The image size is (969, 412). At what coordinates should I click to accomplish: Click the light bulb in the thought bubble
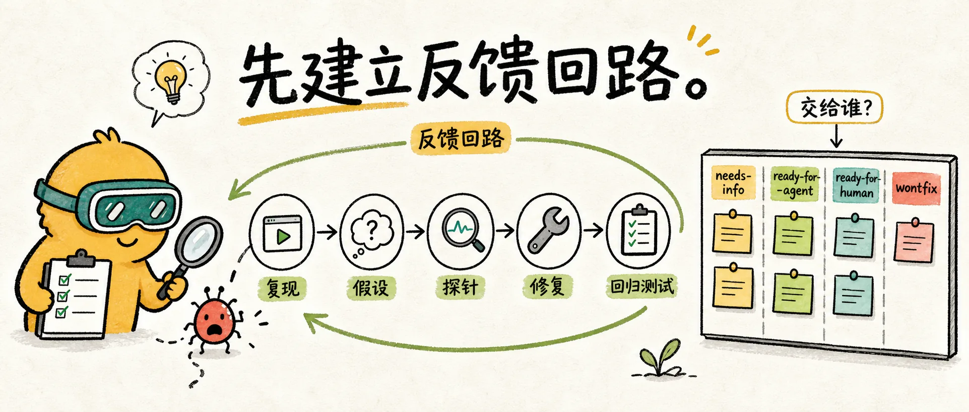(x=171, y=81)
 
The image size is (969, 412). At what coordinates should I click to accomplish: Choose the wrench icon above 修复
(x=549, y=230)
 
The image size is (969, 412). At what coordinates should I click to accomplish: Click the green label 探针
(x=460, y=287)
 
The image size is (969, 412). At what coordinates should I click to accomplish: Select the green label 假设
(x=371, y=288)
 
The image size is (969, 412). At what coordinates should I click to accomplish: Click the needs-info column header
(x=733, y=182)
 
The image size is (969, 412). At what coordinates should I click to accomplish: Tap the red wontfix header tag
(x=916, y=188)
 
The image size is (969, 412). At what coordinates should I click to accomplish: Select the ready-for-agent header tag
(x=795, y=183)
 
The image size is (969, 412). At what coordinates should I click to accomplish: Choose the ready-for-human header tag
(x=856, y=185)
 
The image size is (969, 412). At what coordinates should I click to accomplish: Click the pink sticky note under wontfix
(x=914, y=241)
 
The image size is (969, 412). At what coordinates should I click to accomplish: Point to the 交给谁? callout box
(x=835, y=107)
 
